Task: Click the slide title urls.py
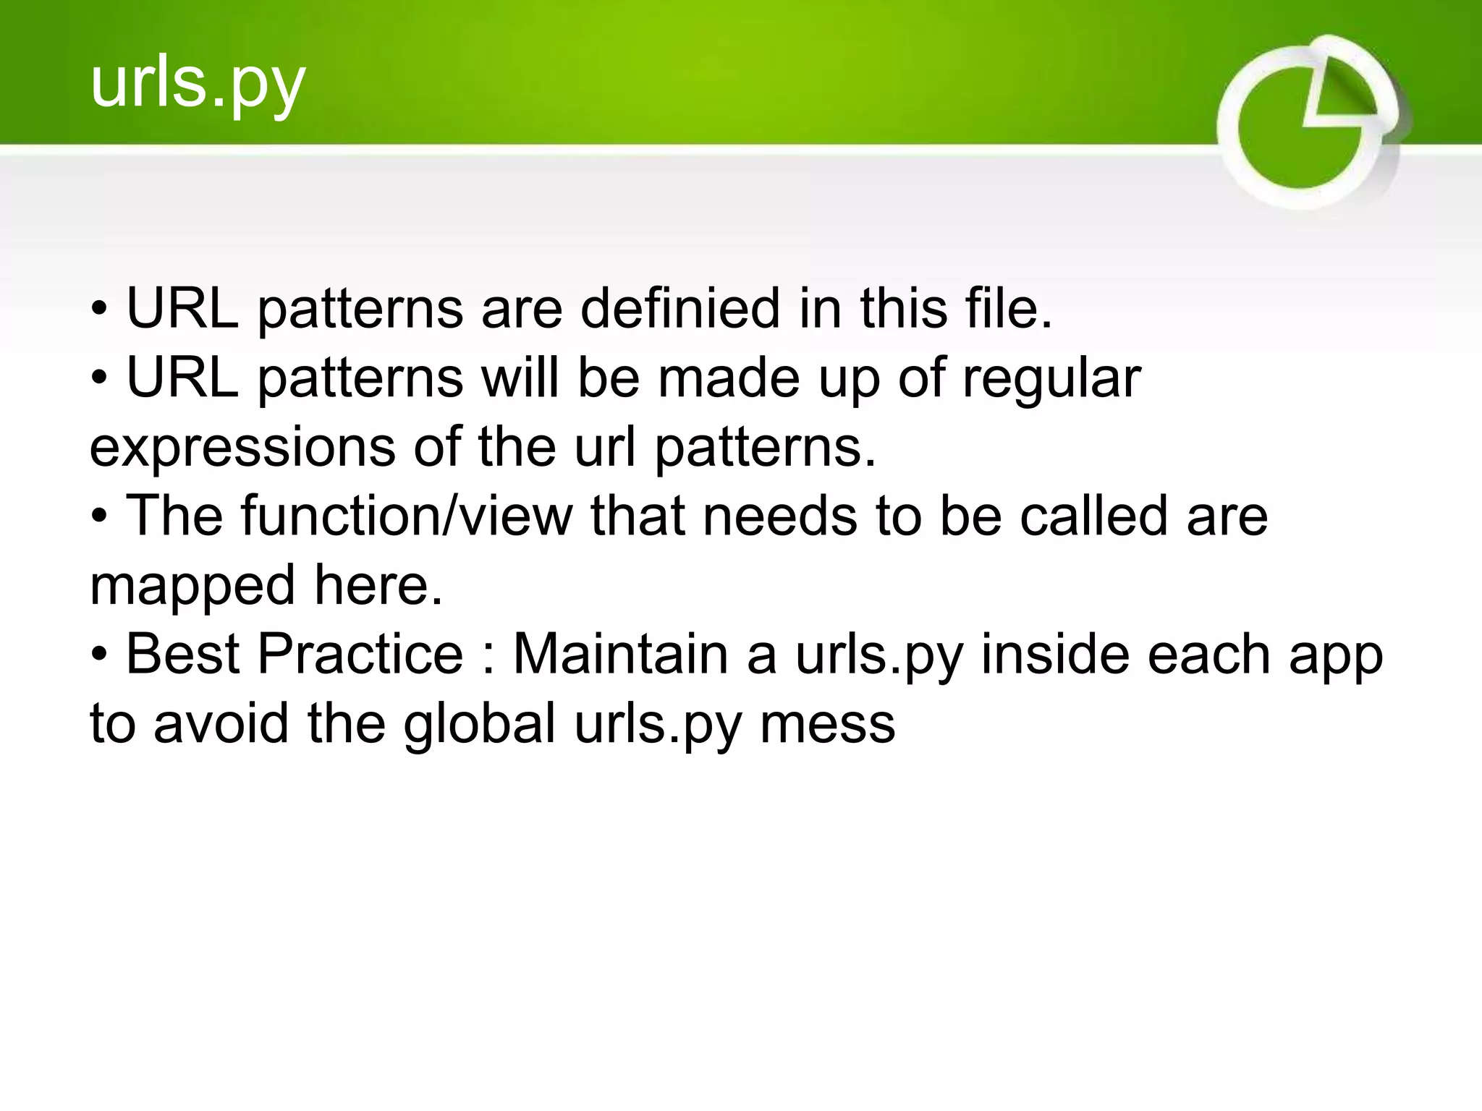198,85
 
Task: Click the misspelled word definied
680,309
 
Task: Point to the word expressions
242,448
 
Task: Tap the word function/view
406,516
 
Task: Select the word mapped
192,586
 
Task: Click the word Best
183,654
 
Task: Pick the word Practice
360,654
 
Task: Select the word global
480,723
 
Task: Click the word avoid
221,723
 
